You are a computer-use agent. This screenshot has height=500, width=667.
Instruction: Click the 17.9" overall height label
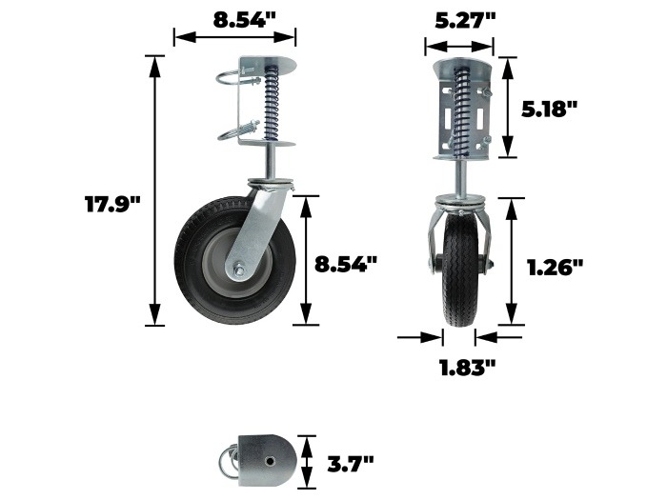coord(112,204)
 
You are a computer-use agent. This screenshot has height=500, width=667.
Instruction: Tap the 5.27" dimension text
coord(465,20)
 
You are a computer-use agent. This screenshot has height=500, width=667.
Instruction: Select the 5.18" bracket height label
coord(549,110)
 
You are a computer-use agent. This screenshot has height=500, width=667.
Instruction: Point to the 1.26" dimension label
coord(555,268)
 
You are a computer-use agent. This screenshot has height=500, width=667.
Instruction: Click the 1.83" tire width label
coord(468,367)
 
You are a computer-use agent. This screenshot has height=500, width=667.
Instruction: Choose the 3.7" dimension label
coord(350,463)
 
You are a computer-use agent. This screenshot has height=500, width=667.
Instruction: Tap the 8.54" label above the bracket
coord(245,20)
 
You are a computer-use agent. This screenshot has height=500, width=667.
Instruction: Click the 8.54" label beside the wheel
coord(346,264)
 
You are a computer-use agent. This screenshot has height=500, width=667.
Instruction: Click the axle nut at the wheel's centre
coord(238,269)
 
